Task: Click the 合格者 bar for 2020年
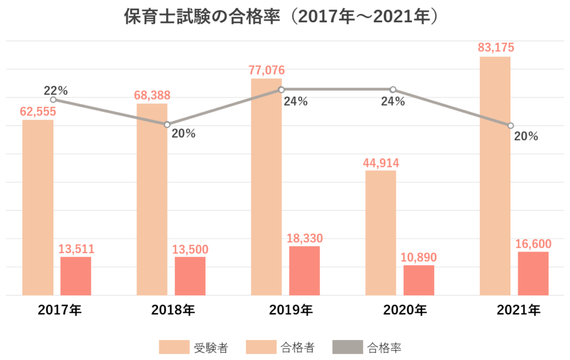419,280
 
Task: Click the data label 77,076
267,70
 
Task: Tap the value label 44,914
381,163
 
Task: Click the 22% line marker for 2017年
53,100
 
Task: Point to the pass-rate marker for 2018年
167,125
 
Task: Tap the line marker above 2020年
392,90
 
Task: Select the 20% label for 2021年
526,136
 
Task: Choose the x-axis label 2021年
518,310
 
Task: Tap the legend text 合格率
385,348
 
